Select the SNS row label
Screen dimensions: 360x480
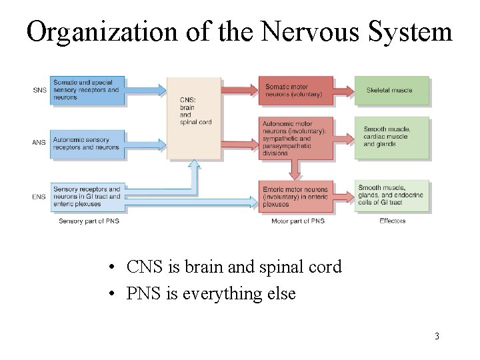(x=39, y=90)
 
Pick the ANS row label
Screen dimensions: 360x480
(x=39, y=142)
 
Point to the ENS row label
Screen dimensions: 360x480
(x=39, y=197)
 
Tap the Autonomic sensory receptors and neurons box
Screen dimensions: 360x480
(x=87, y=143)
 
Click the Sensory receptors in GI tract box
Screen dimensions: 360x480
(x=87, y=197)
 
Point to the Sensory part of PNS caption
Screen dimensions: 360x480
(x=89, y=221)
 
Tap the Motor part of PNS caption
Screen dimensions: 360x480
(x=298, y=221)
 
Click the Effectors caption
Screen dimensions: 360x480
(x=393, y=221)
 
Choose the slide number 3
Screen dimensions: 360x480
(x=437, y=336)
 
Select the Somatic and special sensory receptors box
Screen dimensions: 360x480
(x=87, y=90)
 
